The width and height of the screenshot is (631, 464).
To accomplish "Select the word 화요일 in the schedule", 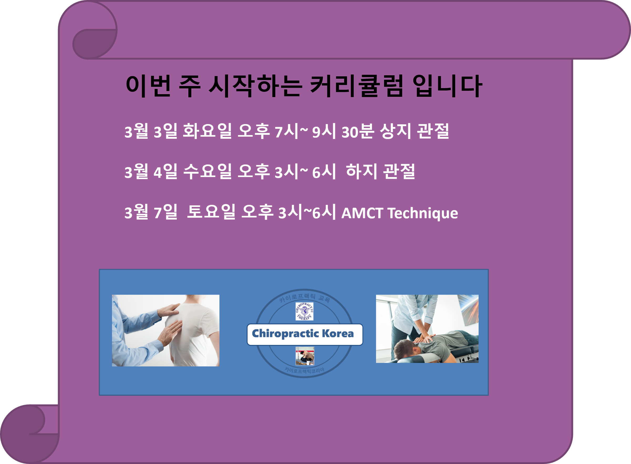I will point(207,131).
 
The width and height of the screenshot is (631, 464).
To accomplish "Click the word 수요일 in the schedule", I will point(207,172).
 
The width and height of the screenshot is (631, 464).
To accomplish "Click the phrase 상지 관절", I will point(414,131).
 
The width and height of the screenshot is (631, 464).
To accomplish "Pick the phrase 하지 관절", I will point(380,172).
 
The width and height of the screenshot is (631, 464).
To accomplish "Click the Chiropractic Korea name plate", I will point(305,334).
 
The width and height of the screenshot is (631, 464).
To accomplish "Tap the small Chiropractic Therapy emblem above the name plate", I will point(304,311).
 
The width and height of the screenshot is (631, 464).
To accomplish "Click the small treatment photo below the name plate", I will point(305,356).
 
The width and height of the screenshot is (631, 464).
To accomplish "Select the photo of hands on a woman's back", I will point(165,330).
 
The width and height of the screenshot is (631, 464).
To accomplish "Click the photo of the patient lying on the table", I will point(427,329).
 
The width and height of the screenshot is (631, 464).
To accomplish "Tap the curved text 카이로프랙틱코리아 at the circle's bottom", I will point(304,370).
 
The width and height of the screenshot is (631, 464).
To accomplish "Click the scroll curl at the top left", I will point(94,42).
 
